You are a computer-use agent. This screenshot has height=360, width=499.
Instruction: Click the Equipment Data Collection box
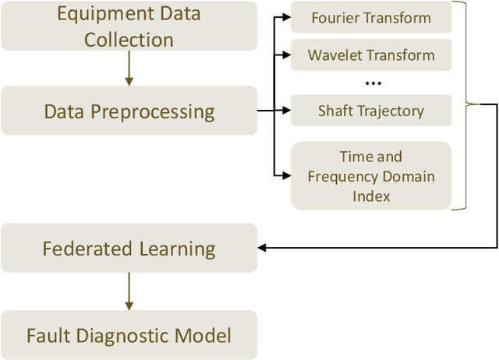(129, 27)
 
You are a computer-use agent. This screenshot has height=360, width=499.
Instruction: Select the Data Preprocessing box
(129, 111)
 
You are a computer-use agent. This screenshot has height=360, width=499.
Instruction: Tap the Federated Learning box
(129, 249)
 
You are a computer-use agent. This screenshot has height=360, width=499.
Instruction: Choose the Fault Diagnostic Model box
(129, 336)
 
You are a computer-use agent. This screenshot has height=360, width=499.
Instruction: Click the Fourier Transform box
(371, 17)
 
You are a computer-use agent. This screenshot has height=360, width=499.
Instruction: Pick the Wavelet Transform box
(371, 55)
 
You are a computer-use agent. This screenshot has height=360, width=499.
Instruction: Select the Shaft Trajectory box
(371, 111)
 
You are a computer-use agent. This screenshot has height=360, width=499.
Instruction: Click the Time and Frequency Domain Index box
(371, 176)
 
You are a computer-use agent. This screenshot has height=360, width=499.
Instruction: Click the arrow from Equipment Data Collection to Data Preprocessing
(129, 70)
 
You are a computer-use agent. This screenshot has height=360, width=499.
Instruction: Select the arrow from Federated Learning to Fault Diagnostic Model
(129, 292)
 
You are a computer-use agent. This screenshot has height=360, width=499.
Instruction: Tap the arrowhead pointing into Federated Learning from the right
(263, 248)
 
